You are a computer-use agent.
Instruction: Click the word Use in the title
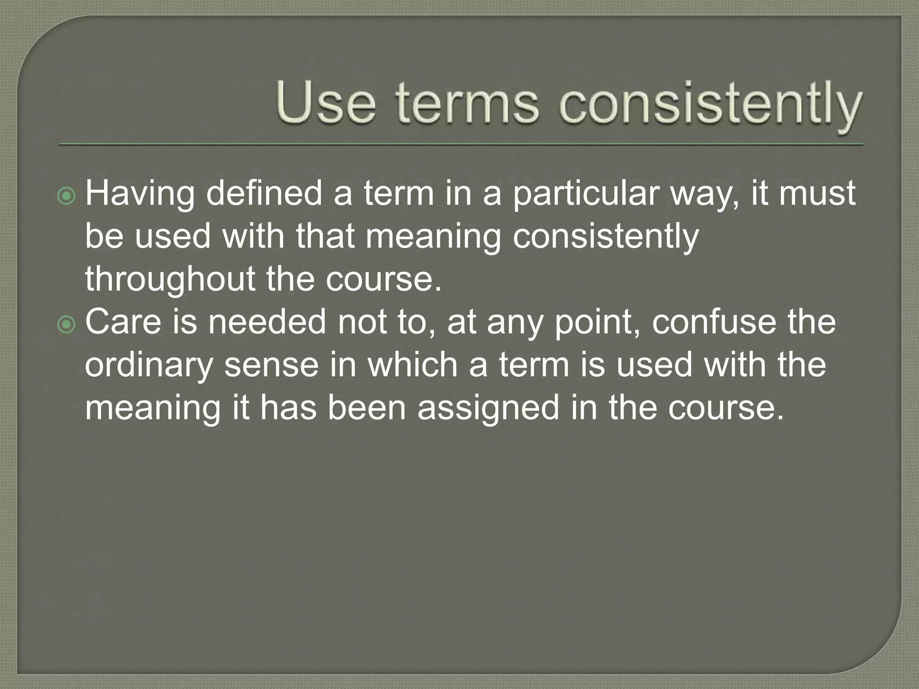tap(326, 103)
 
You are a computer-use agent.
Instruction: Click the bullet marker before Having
tap(67, 196)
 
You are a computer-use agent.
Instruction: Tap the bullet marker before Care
tap(67, 325)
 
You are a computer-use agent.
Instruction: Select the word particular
tap(585, 194)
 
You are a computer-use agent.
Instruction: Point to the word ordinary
tap(149, 366)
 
